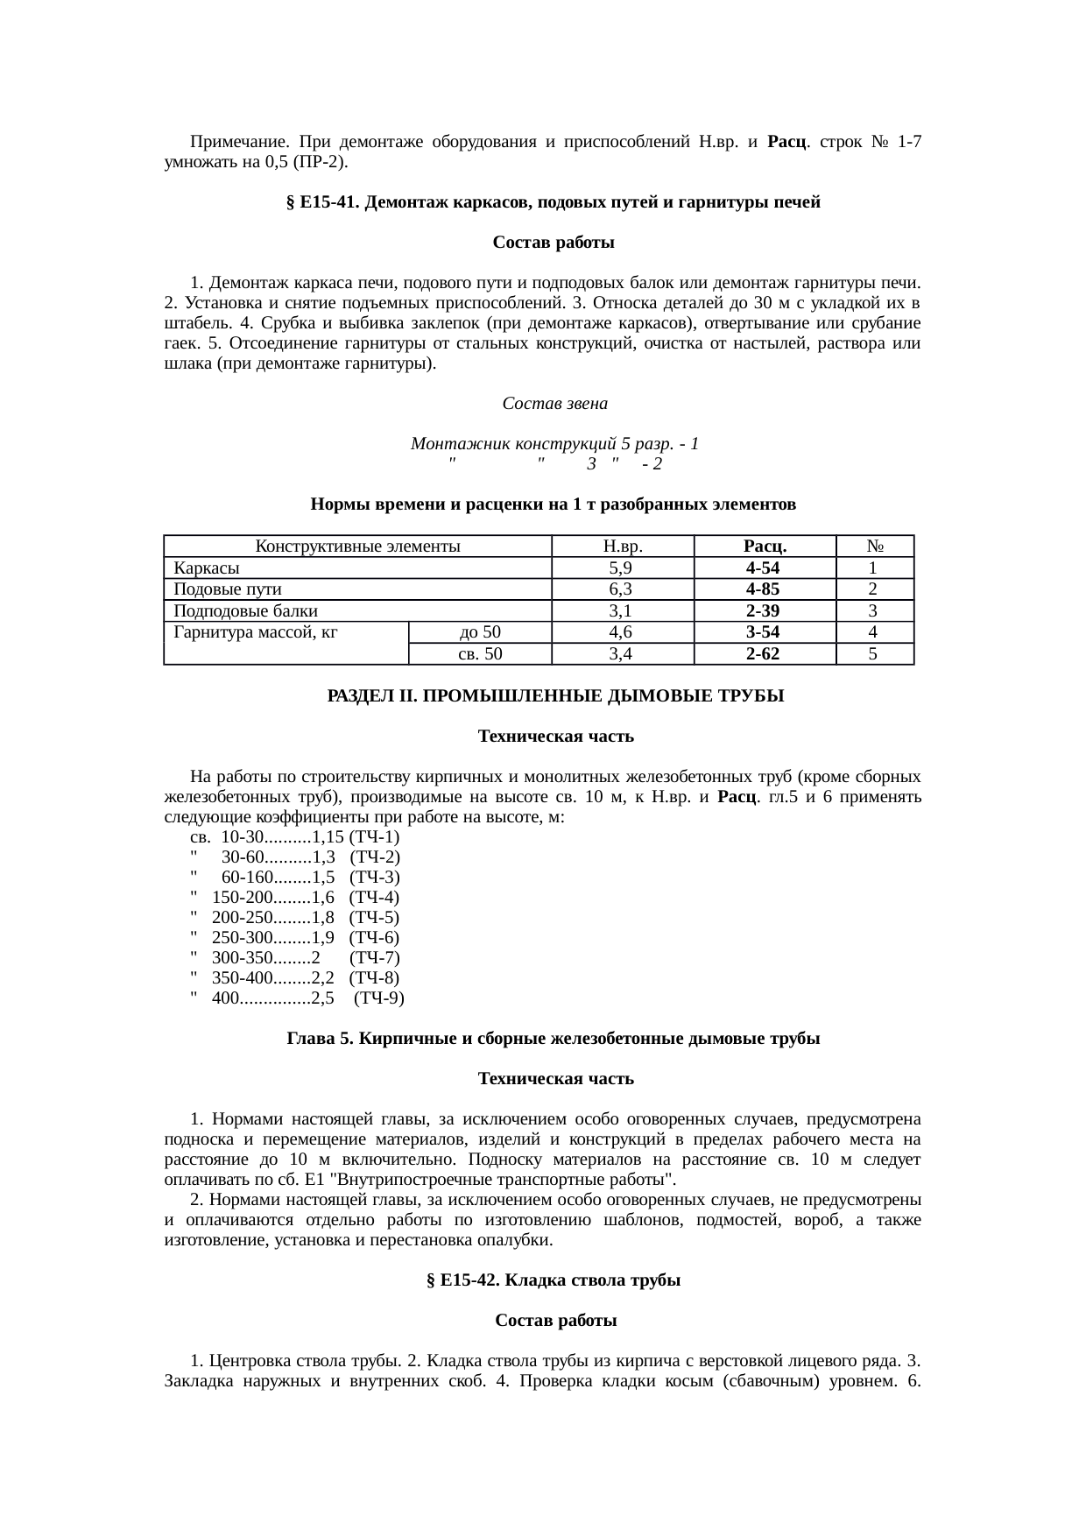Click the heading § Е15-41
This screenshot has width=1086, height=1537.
[x=553, y=203]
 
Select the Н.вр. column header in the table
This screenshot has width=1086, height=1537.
[x=623, y=546]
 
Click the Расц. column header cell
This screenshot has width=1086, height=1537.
[x=765, y=546]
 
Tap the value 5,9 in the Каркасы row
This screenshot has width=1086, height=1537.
[x=623, y=568]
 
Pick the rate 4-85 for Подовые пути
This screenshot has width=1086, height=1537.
[x=765, y=589]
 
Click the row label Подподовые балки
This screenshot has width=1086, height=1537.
[x=245, y=611]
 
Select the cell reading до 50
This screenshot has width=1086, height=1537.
[x=480, y=632]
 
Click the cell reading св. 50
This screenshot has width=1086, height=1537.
[x=480, y=653]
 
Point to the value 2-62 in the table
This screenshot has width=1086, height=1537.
[x=765, y=653]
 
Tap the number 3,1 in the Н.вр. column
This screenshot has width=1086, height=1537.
[x=623, y=611]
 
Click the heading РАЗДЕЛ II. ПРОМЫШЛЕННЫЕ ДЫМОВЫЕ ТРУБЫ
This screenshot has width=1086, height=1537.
[x=555, y=697]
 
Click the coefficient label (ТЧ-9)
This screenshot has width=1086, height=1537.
[x=378, y=998]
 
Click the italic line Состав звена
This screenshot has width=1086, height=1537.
[x=554, y=405]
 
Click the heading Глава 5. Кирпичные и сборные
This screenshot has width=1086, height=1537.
[x=553, y=1039]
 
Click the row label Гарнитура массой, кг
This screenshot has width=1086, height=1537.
[x=256, y=632]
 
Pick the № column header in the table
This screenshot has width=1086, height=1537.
[x=874, y=546]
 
